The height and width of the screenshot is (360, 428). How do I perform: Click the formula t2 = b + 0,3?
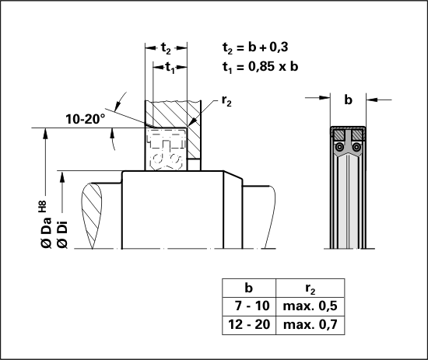pos(255,47)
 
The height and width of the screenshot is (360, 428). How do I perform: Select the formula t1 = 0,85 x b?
pos(260,67)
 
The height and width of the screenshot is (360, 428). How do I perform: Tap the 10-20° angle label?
pos(85,119)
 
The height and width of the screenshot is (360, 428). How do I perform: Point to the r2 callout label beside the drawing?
pos(226,101)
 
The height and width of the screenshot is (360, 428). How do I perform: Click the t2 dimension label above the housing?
pos(166,48)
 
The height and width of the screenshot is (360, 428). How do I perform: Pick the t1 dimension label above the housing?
pos(170,68)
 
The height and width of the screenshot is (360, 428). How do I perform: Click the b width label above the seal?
pos(348,100)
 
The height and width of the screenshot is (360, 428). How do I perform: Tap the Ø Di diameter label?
pos(62,235)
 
